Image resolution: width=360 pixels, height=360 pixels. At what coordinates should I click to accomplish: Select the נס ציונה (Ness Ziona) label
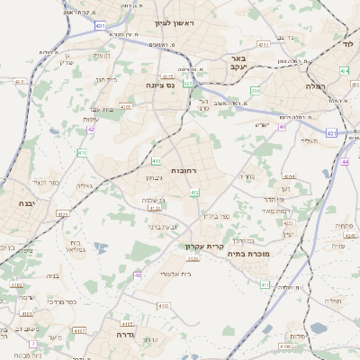[x=167, y=85]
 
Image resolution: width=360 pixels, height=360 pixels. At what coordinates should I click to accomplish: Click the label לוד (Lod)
[x=348, y=42]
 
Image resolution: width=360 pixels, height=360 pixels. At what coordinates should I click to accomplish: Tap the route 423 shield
[x=188, y=83]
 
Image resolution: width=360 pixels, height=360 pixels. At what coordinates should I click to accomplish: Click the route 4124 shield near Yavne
[x=62, y=214]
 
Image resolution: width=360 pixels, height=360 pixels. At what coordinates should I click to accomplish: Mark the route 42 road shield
[x=91, y=130]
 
